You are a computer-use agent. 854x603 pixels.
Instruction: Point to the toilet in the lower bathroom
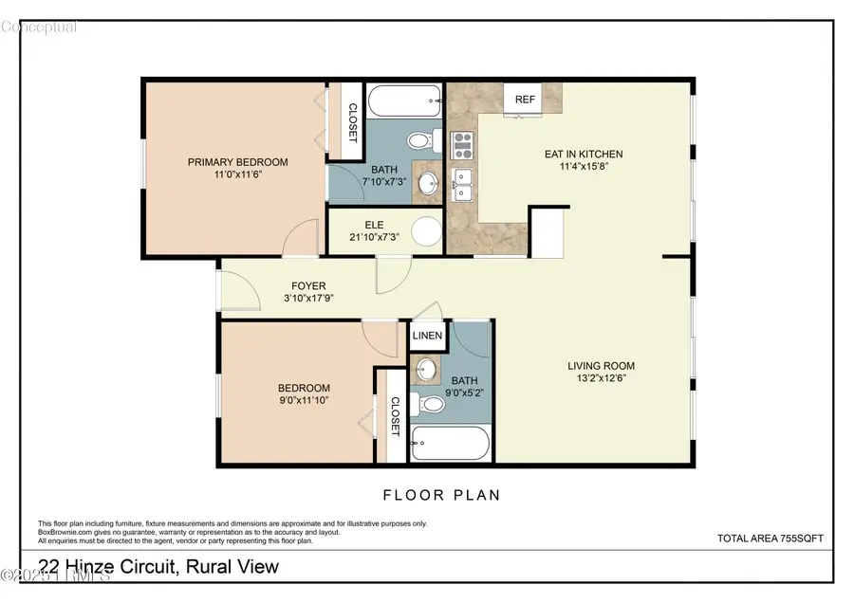click(x=432, y=405)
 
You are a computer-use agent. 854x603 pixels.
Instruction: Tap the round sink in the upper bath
click(x=428, y=184)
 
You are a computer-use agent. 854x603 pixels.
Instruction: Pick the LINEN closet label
click(x=426, y=336)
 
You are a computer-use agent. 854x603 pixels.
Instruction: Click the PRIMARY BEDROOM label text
click(x=237, y=162)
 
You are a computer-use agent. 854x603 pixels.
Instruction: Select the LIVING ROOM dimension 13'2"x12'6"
click(x=601, y=378)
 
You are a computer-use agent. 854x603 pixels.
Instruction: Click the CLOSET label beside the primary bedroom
click(x=352, y=121)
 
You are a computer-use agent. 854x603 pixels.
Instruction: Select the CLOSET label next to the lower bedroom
click(x=394, y=416)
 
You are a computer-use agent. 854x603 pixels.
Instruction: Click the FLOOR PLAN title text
click(x=441, y=494)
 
